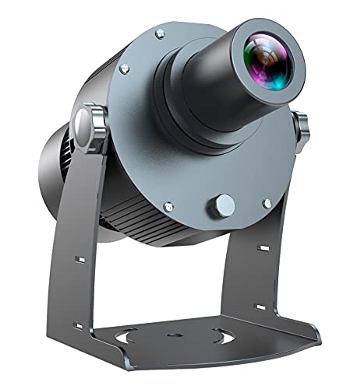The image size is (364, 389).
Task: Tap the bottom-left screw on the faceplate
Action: click(168, 206)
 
